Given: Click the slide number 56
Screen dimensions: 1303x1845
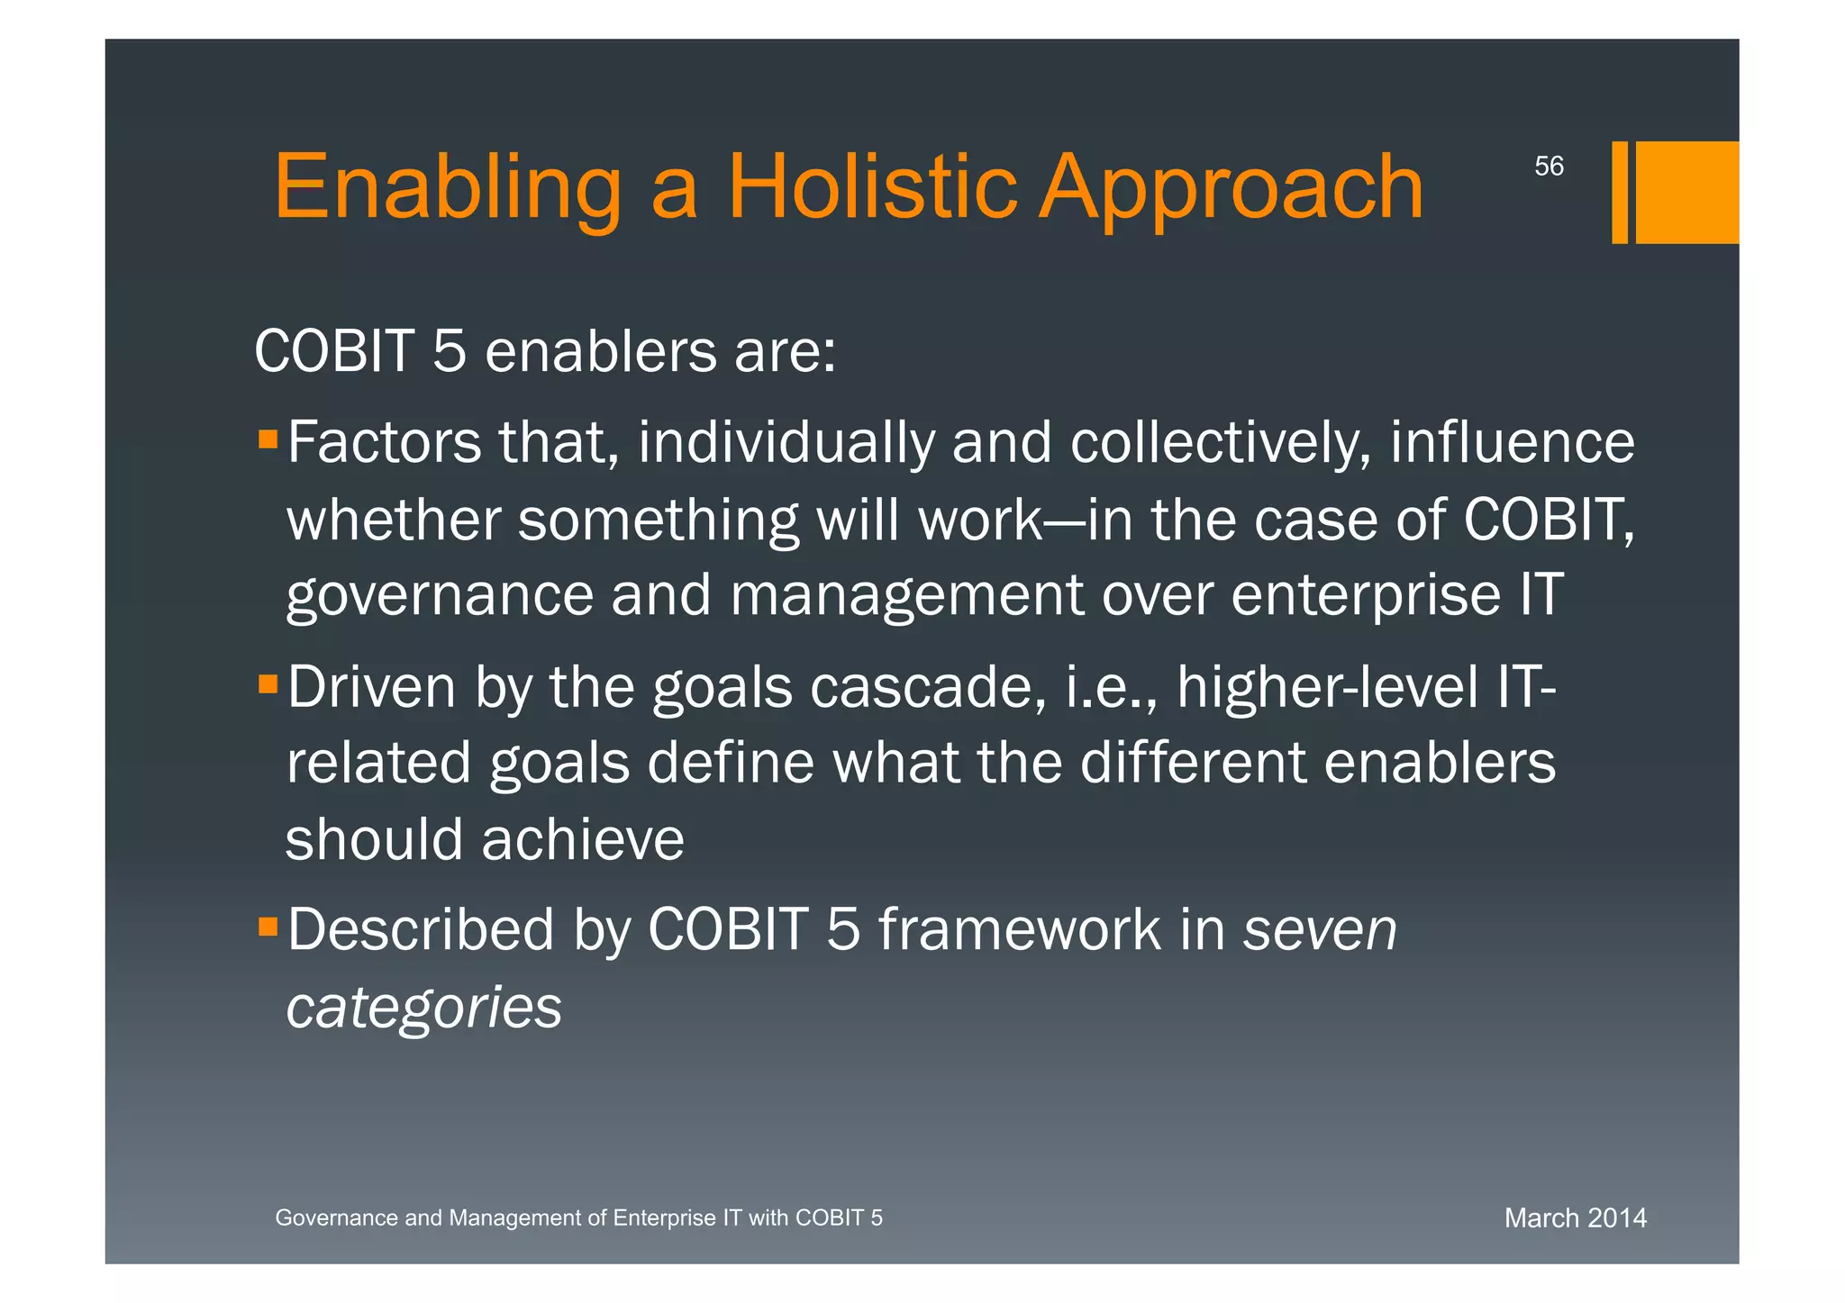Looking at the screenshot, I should click(1549, 166).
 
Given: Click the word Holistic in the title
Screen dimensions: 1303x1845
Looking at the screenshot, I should click(871, 186).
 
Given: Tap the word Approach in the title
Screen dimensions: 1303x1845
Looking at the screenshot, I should click(1231, 186).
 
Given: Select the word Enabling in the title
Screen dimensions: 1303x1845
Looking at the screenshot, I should click(447, 186).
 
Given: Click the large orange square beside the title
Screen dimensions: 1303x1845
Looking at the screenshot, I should click(1686, 192).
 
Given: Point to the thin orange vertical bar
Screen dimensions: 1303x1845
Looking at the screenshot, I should click(1619, 192).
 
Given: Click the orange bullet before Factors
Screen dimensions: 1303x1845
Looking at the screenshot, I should click(268, 439).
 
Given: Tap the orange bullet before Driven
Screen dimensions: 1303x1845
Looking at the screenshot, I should click(268, 684).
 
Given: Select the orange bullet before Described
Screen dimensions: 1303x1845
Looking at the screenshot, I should click(268, 927).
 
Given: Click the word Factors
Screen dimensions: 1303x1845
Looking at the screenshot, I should click(384, 442).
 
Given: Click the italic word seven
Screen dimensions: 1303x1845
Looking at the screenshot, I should click(1320, 929).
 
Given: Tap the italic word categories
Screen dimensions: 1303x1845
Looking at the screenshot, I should click(423, 1007).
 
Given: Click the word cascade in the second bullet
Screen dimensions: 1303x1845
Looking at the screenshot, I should click(927, 687).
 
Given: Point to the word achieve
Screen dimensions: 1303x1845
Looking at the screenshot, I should click(583, 839).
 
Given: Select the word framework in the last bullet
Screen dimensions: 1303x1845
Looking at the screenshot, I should click(1019, 929).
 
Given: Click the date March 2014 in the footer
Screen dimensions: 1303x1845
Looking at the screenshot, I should click(1575, 1217).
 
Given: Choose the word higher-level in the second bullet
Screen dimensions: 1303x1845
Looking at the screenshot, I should click(1327, 687).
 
